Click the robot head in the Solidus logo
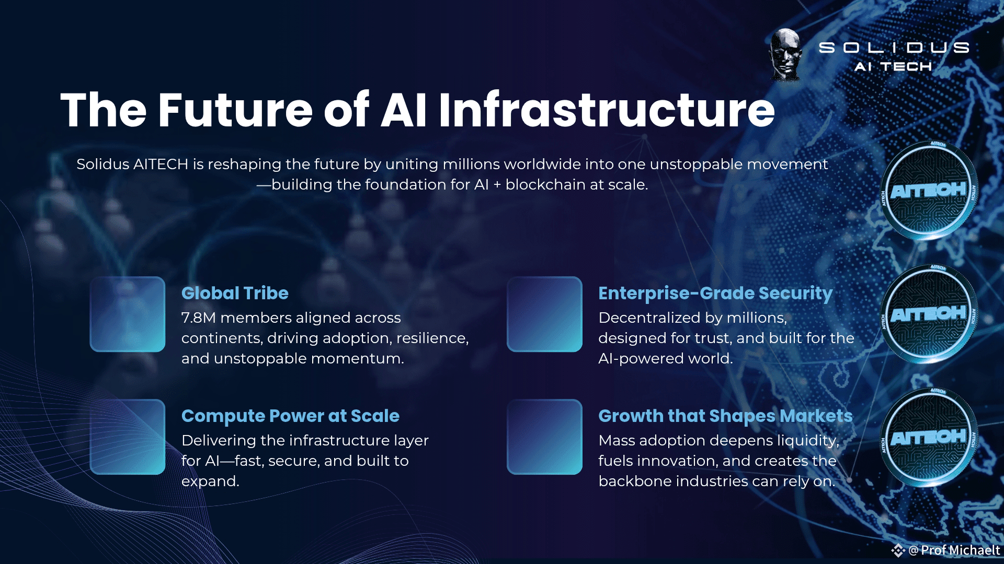pyautogui.click(x=786, y=55)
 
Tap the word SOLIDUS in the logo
pyautogui.click(x=894, y=48)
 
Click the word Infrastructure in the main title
pyautogui.click(x=607, y=110)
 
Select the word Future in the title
pyautogui.click(x=235, y=110)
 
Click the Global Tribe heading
pyautogui.click(x=235, y=293)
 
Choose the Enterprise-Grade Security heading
pyautogui.click(x=715, y=293)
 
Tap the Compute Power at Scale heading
pyautogui.click(x=290, y=416)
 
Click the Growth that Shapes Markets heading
pyautogui.click(x=725, y=416)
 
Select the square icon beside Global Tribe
pyautogui.click(x=128, y=314)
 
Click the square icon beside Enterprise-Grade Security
pyautogui.click(x=544, y=314)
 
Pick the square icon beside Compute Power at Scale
pyautogui.click(x=128, y=437)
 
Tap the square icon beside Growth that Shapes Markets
pyautogui.click(x=544, y=437)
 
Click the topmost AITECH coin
pyautogui.click(x=929, y=190)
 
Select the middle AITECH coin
pyautogui.click(x=929, y=313)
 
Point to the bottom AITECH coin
pyautogui.click(x=929, y=437)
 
